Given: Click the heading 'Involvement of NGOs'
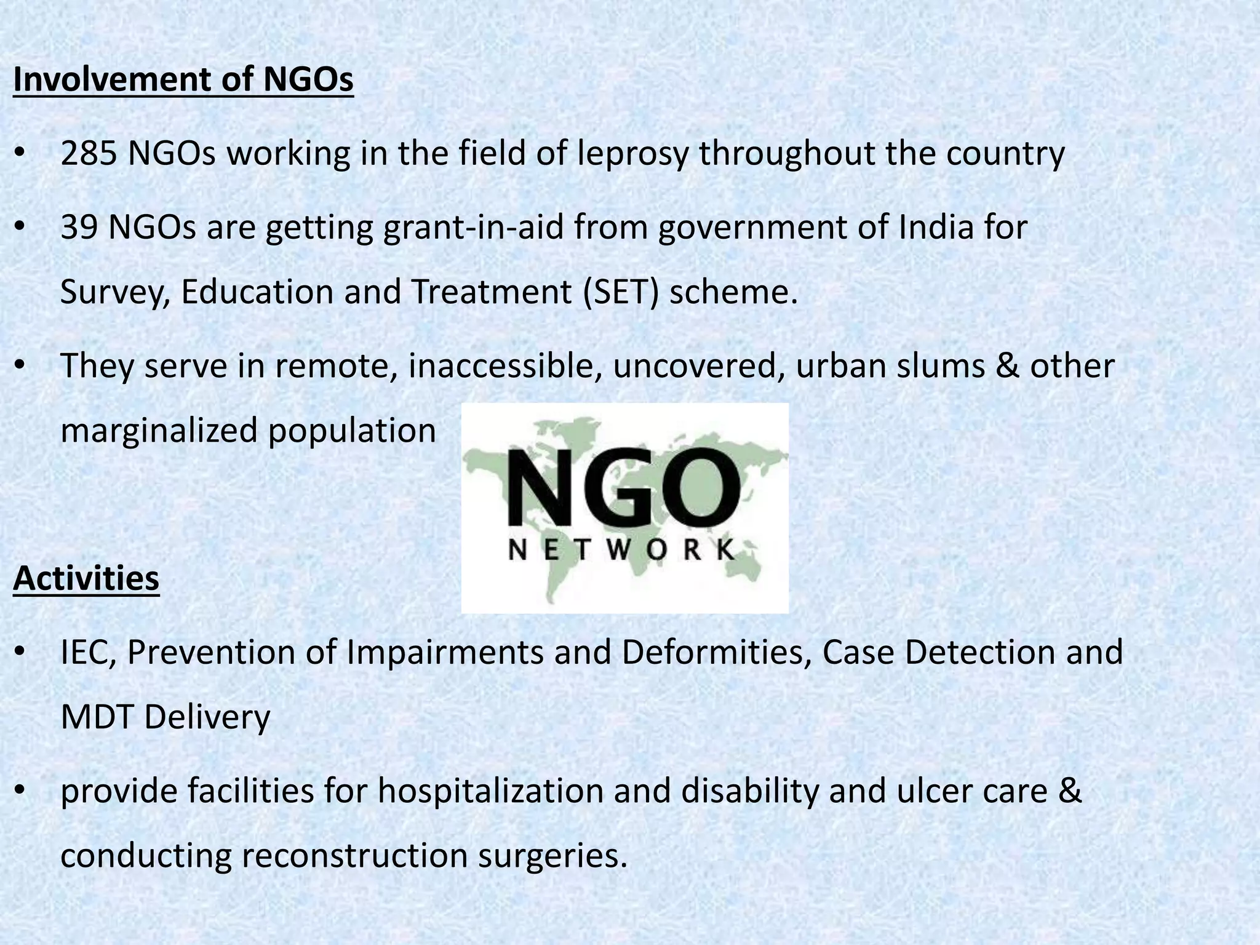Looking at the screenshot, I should tap(183, 80).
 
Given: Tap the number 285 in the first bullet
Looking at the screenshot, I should tap(89, 154).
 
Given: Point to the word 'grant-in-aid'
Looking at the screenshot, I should tap(473, 228).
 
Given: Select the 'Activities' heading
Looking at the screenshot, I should tap(86, 578).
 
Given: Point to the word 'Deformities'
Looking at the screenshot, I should tap(716, 652).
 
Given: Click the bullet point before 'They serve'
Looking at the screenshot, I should tap(20, 366).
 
